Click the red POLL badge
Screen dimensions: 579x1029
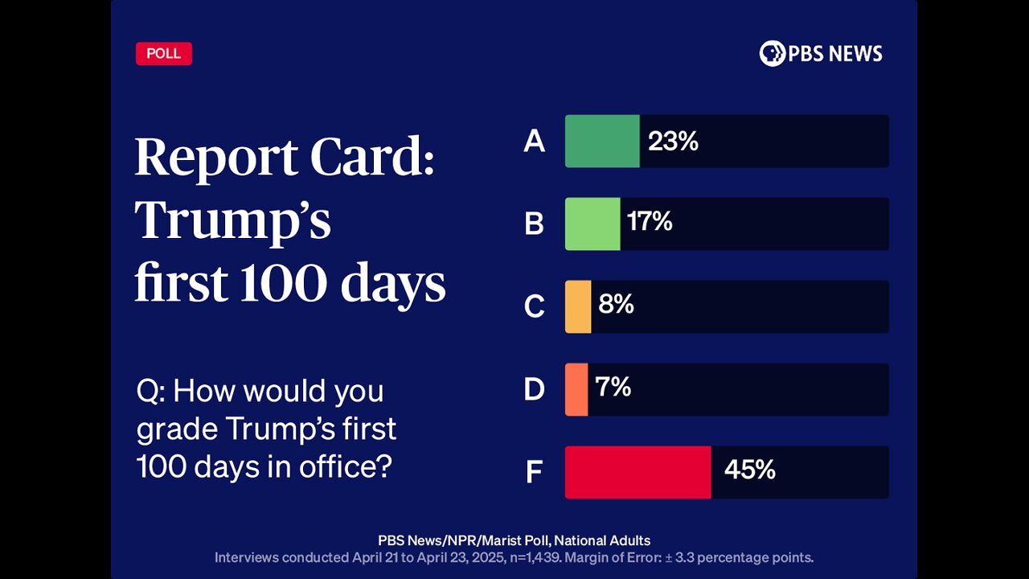pyautogui.click(x=164, y=54)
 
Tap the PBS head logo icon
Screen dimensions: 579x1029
pyautogui.click(x=772, y=54)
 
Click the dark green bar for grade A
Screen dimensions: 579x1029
pyautogui.click(x=602, y=142)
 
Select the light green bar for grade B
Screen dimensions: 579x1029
pyautogui.click(x=592, y=224)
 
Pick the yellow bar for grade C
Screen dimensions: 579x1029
pyautogui.click(x=578, y=306)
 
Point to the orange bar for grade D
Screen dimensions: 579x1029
pyautogui.click(x=576, y=389)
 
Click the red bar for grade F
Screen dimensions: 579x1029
pyautogui.click(x=637, y=472)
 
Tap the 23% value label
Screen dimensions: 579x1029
pyautogui.click(x=673, y=142)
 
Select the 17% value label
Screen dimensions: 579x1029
pyautogui.click(x=650, y=221)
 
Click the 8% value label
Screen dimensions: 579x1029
pyautogui.click(x=616, y=304)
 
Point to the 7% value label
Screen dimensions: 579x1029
pyautogui.click(x=613, y=387)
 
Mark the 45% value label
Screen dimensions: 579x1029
pyautogui.click(x=749, y=470)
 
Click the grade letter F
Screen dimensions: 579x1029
pyautogui.click(x=534, y=473)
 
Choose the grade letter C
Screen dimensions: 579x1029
pyautogui.click(x=534, y=307)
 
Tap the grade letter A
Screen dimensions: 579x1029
pyautogui.click(x=534, y=142)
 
